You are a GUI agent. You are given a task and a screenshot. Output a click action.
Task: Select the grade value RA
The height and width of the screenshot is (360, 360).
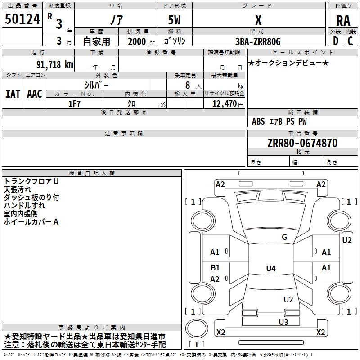point(343,21)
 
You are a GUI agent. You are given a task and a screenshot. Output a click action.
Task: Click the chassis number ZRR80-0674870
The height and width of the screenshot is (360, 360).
point(302,143)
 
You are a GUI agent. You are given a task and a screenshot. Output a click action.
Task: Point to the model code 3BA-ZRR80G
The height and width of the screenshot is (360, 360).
point(258,41)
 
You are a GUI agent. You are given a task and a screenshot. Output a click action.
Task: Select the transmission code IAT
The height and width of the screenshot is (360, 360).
point(13,94)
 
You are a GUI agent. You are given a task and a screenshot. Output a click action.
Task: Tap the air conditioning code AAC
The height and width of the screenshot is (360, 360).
point(34,94)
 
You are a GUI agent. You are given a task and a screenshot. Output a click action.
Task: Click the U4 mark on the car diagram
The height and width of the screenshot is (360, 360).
point(270,269)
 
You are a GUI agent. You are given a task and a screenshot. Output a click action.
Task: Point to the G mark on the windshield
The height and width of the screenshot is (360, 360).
point(284,237)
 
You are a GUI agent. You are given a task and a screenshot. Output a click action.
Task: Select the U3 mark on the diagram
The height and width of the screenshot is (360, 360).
point(283,321)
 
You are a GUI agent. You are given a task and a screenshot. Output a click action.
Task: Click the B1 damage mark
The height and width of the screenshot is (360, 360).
point(215,268)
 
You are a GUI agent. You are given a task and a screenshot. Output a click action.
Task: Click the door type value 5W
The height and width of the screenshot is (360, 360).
point(174,21)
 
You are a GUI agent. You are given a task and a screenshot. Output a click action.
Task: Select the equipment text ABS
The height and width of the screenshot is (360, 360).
point(258,121)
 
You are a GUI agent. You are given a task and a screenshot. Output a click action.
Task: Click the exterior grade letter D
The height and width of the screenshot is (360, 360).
point(335,41)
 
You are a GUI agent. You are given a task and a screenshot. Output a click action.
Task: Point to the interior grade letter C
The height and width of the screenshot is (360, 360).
point(350,41)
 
